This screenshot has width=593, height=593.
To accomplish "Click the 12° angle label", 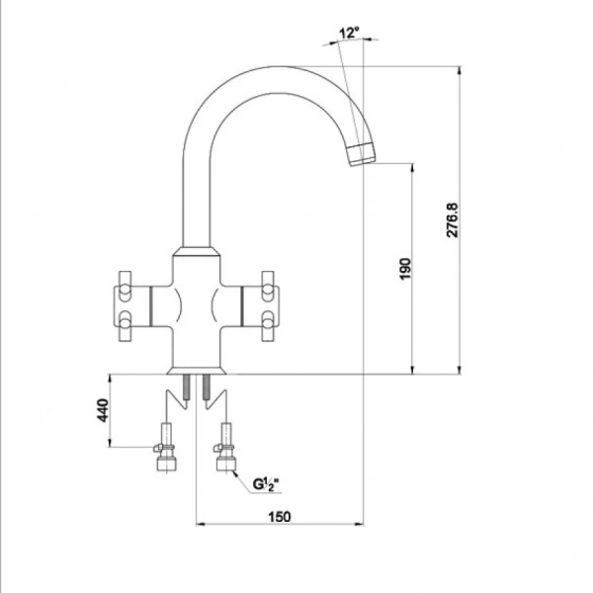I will tap(348, 33).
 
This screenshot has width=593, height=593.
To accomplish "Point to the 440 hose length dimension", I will tap(102, 411).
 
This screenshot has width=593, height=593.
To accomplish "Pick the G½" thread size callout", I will tap(266, 484).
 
